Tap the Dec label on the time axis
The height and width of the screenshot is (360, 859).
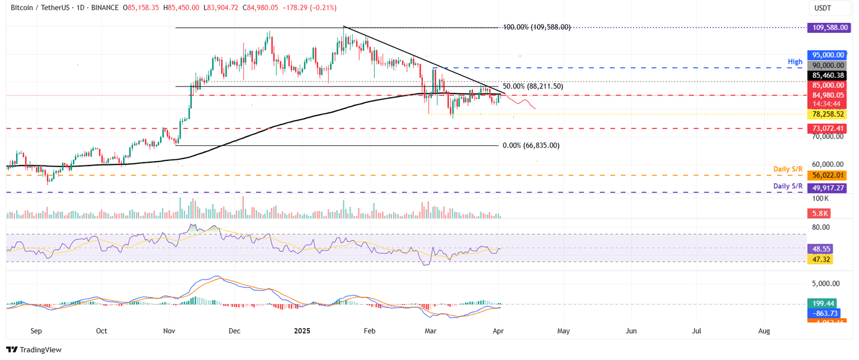tap(234, 331)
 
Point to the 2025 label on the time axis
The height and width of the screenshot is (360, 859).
tap(305, 331)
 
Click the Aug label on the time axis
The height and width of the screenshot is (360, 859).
tap(764, 331)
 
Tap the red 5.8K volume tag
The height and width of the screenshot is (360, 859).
tap(820, 213)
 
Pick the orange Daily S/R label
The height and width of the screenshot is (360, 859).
tap(789, 169)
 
